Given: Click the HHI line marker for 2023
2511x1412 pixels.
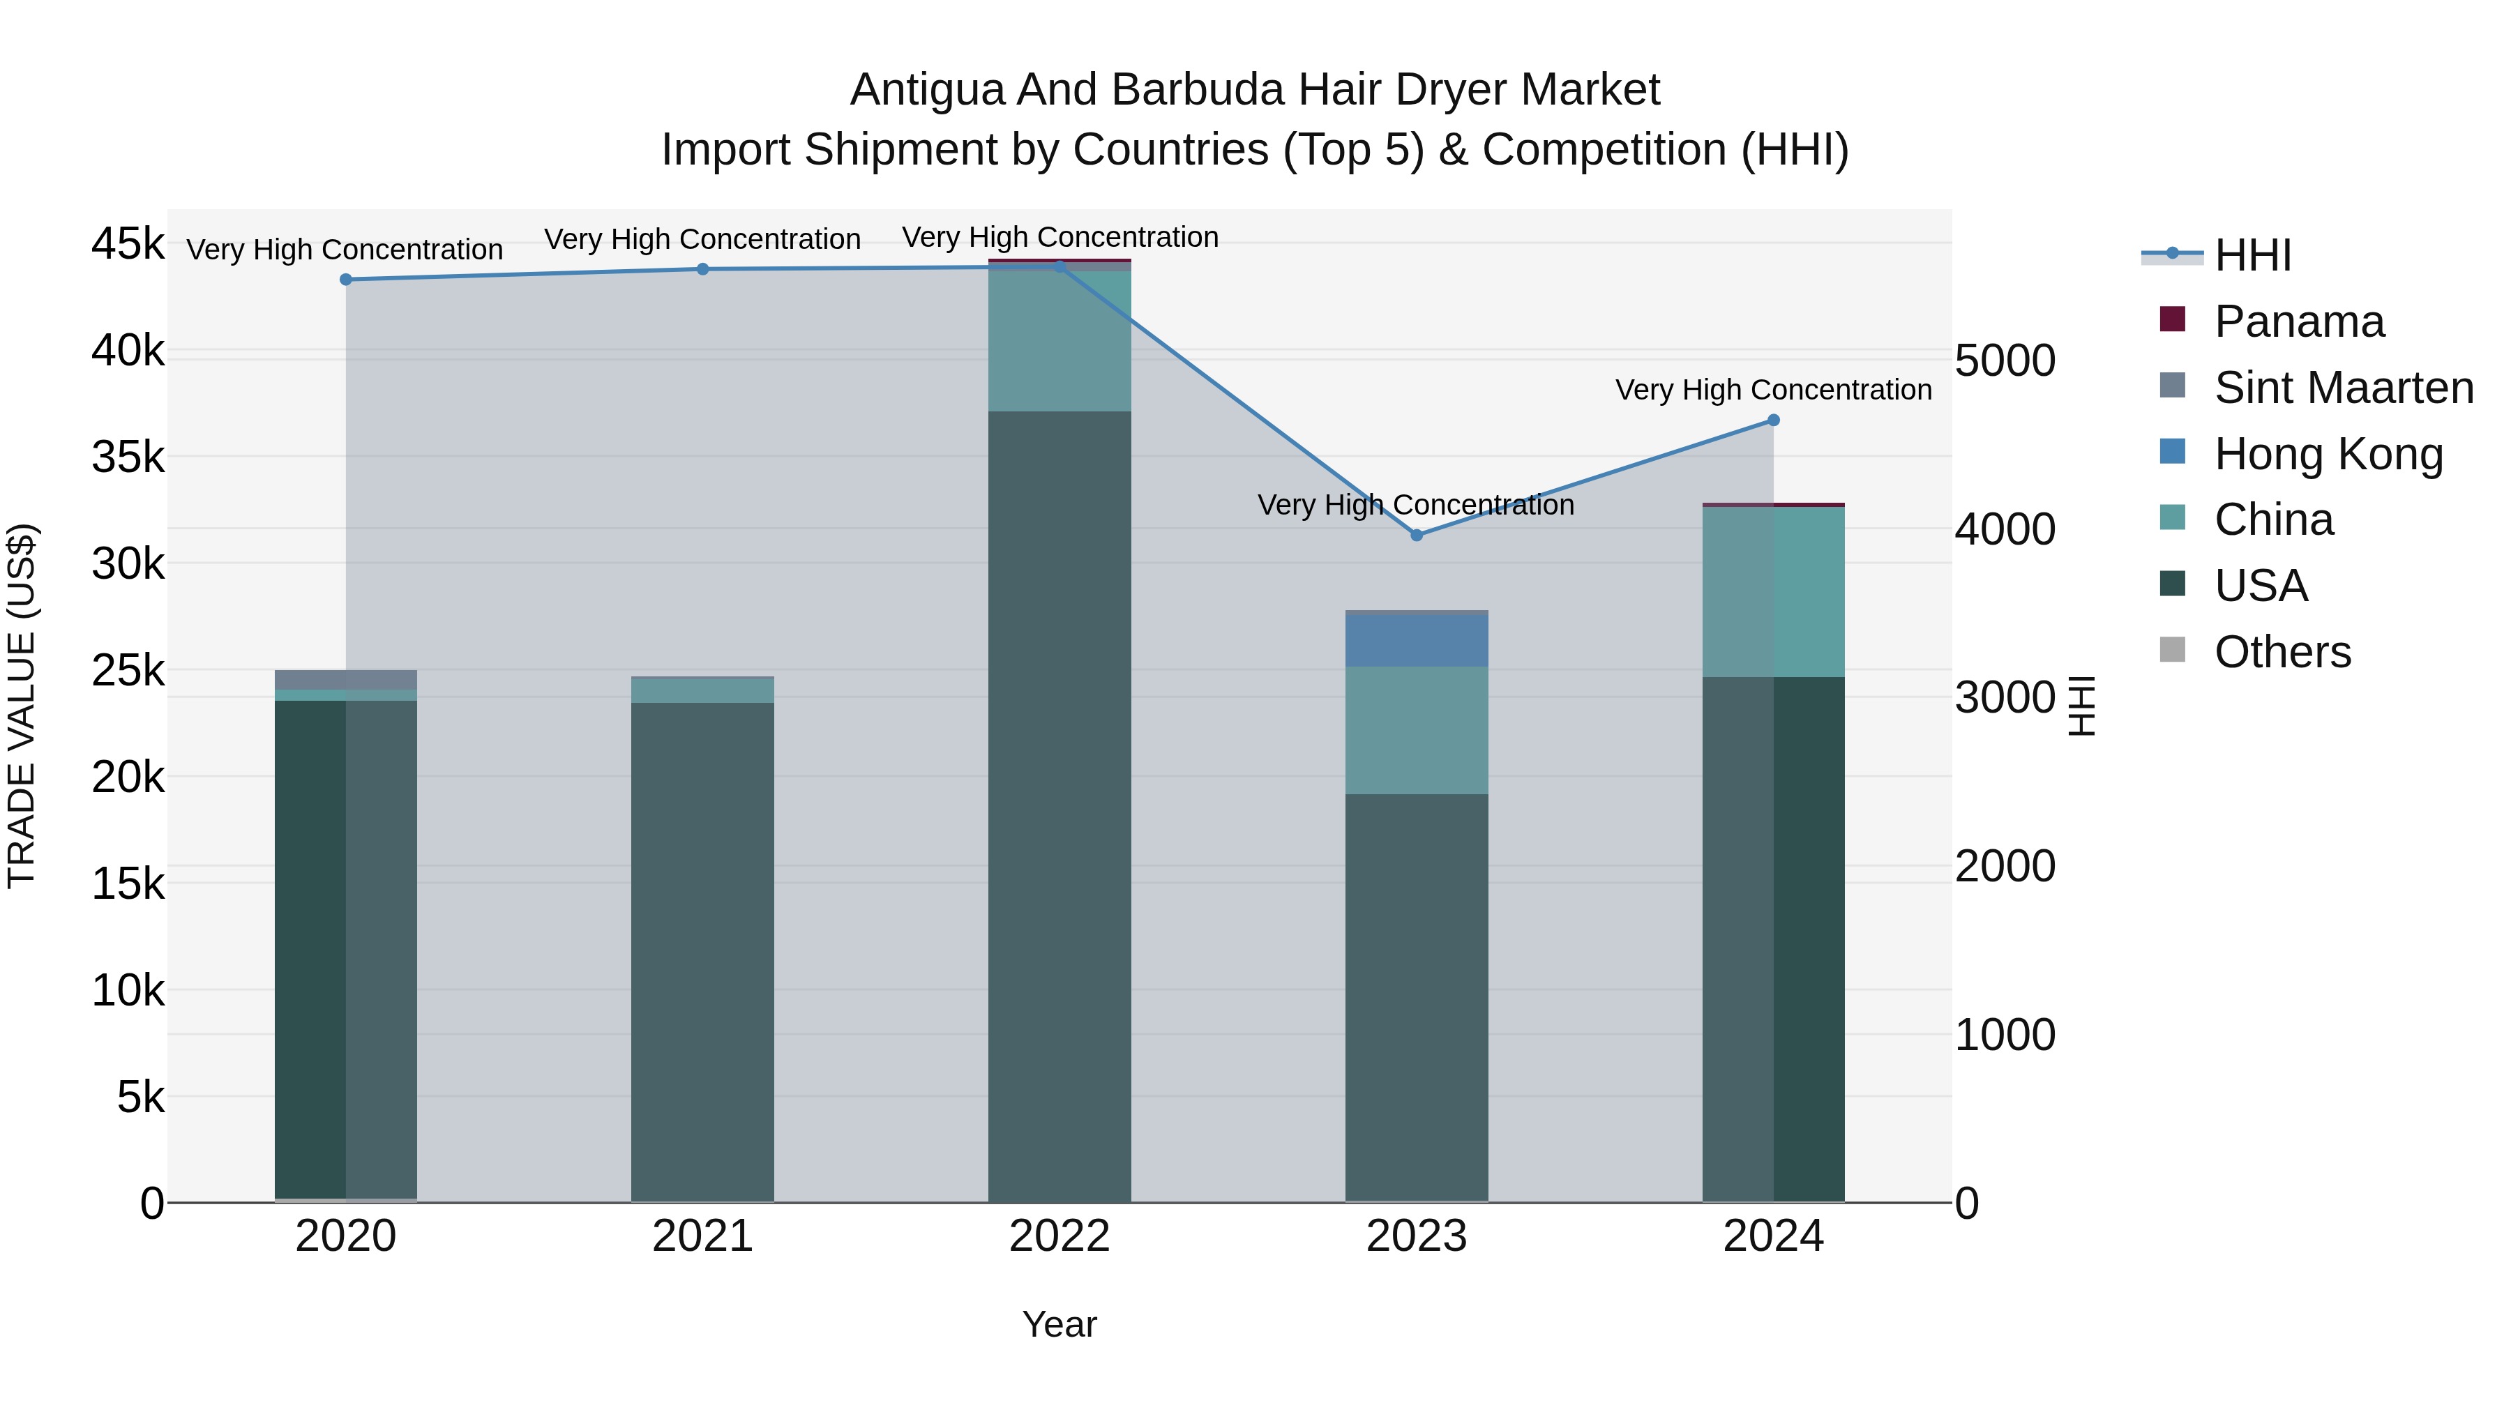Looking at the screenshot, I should (1417, 535).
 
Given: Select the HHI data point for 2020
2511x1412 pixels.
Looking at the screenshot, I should (346, 280).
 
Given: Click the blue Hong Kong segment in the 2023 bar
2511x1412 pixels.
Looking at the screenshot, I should (1417, 640).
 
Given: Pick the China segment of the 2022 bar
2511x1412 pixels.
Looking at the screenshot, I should (1060, 341).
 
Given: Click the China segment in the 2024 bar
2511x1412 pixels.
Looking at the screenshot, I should (1773, 591).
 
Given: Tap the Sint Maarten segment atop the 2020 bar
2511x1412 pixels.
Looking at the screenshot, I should (346, 679).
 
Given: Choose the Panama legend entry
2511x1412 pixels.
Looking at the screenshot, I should (2298, 321).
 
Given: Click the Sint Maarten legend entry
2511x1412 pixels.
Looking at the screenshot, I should (2344, 388).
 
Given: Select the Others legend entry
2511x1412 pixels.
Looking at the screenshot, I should (2282, 652).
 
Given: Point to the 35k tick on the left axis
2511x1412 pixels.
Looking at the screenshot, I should (128, 457).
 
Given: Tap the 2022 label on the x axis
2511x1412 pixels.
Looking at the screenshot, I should (1060, 1236).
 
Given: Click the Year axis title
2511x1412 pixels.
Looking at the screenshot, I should (1060, 1324).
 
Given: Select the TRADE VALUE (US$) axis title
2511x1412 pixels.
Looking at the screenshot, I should (22, 706).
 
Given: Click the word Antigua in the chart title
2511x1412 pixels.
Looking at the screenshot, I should (926, 91).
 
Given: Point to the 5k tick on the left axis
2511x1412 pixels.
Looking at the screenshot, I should (142, 1098).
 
